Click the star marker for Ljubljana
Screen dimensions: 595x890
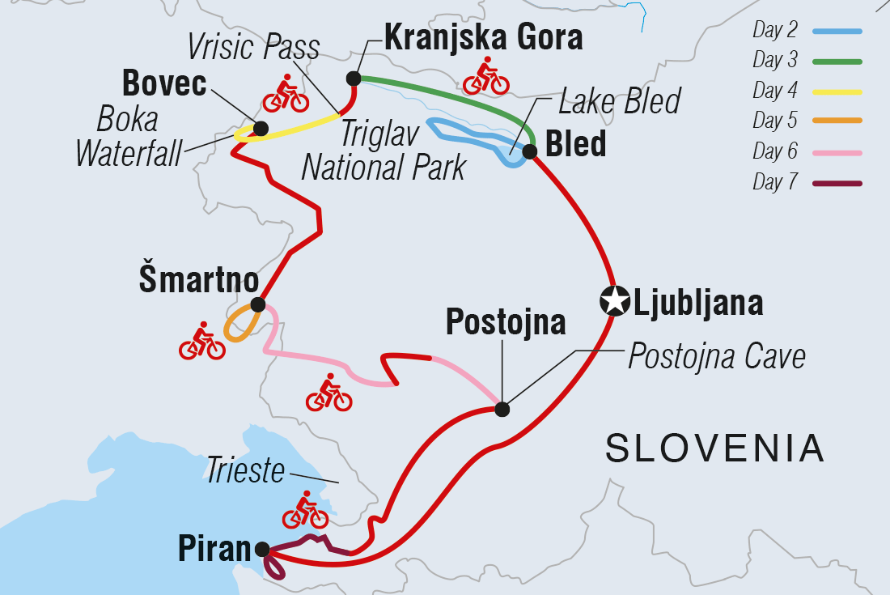tap(615, 301)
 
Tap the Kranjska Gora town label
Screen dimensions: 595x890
tap(483, 36)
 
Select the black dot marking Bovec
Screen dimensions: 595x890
tap(261, 128)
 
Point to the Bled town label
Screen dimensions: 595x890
tap(576, 144)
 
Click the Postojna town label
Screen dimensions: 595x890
tap(506, 323)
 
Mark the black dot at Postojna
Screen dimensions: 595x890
tap(502, 410)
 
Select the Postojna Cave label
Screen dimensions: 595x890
tap(717, 357)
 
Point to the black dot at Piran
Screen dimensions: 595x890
tap(262, 550)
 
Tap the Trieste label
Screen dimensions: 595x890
tap(245, 470)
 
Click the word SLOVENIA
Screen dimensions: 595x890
tap(714, 448)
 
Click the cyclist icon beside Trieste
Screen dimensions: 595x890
tap(305, 510)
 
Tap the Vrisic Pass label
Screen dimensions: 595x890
tap(253, 47)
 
